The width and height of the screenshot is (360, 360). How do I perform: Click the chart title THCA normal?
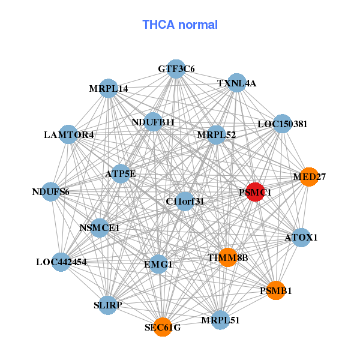point(180,25)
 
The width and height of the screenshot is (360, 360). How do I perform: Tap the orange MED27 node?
point(308,176)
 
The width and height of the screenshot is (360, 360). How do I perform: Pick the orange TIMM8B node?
point(227,257)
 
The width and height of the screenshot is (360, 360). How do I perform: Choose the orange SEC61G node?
point(162,327)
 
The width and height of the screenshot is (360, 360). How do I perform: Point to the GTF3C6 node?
point(176,69)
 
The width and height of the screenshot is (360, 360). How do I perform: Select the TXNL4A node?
point(237,83)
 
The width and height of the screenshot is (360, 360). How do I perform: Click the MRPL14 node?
point(109,88)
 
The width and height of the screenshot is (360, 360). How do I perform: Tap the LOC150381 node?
point(282,124)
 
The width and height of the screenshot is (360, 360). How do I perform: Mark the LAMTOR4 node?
point(68,134)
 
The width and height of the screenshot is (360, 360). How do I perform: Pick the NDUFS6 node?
point(51,192)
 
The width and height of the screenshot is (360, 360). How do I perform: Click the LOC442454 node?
point(61,262)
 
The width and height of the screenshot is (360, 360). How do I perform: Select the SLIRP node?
point(108,305)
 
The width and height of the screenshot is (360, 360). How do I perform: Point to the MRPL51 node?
point(220,319)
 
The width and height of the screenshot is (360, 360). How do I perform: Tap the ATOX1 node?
point(301,238)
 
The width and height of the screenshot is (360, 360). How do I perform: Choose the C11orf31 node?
point(185,201)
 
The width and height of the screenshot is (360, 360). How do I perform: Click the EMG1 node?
point(158,263)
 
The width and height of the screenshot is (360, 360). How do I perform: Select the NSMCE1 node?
point(100,227)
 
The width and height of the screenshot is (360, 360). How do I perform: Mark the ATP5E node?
point(121,174)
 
